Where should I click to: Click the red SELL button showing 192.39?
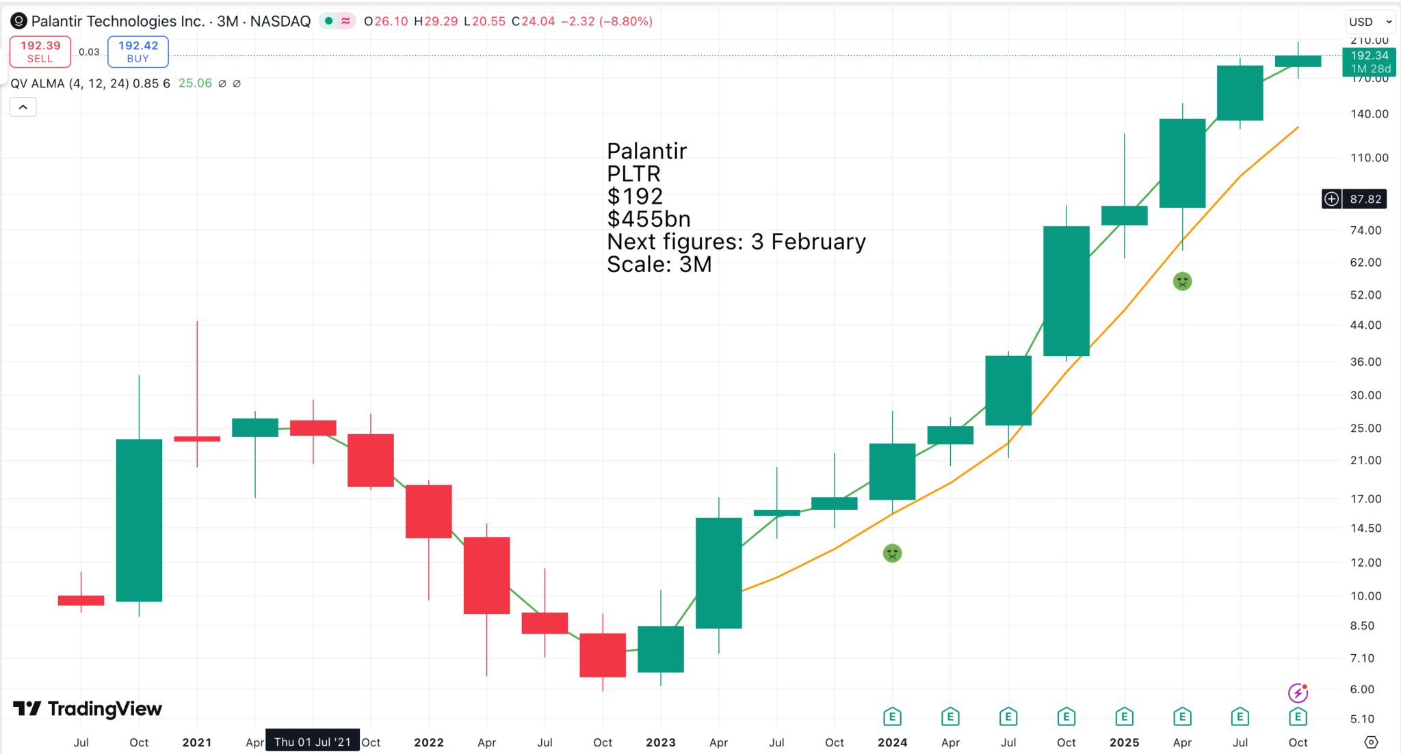point(40,52)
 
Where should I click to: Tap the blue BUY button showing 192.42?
point(138,52)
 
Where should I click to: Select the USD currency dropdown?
point(1370,22)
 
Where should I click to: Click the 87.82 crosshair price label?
point(1365,199)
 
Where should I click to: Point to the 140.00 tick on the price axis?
point(1369,114)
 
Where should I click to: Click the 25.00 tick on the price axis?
point(1365,429)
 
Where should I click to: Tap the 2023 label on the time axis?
point(660,742)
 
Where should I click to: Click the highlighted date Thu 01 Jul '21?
point(313,742)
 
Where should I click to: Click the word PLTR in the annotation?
point(633,174)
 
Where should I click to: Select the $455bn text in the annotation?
point(649,219)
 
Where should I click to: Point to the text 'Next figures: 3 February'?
point(736,241)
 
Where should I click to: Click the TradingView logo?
point(88,709)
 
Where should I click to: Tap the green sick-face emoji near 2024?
point(892,553)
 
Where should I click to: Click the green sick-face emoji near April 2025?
point(1182,281)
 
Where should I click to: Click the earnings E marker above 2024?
point(892,717)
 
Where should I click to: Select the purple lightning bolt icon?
point(1298,693)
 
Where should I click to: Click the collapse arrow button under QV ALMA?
point(23,107)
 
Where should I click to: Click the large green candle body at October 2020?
point(139,520)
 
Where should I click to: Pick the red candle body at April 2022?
point(486,575)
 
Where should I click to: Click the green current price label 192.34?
point(1369,62)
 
